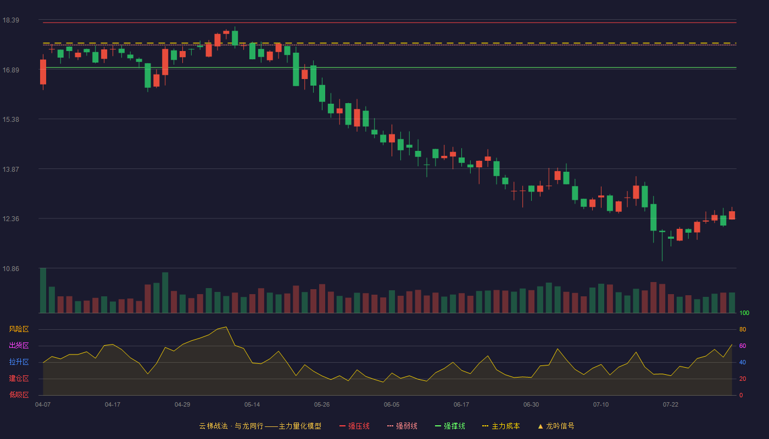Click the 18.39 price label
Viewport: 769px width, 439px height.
pos(10,20)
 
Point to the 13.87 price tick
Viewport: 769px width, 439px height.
pos(10,169)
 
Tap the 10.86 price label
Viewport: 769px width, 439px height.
pos(10,268)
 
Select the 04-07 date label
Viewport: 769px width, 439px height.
pos(43,405)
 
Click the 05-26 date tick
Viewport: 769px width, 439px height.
pos(322,405)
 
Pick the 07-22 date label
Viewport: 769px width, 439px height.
pos(671,405)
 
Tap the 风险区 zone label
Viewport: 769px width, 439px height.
pos(19,329)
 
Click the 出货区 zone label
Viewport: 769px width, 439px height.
pos(19,345)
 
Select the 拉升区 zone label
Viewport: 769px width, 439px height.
pos(19,362)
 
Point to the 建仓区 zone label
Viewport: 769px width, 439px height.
pos(19,378)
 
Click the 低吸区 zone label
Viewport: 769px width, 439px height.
pos(19,395)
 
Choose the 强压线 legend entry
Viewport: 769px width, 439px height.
pos(354,426)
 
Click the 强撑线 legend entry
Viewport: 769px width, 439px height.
pos(450,426)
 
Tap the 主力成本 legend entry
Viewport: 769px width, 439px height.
pos(501,426)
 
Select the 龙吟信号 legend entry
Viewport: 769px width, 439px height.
pos(556,426)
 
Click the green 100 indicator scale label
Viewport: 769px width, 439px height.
pos(744,313)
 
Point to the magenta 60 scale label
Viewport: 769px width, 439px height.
pos(743,346)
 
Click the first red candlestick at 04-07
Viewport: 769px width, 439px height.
pos(43,72)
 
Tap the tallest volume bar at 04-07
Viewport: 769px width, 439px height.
pos(43,290)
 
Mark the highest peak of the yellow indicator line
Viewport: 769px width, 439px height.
pos(226,327)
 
